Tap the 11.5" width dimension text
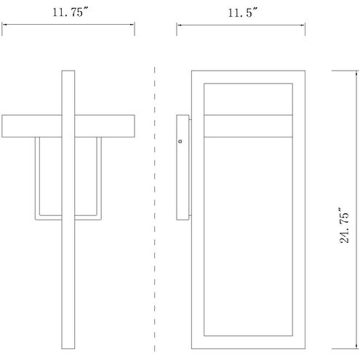coord(243,12)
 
